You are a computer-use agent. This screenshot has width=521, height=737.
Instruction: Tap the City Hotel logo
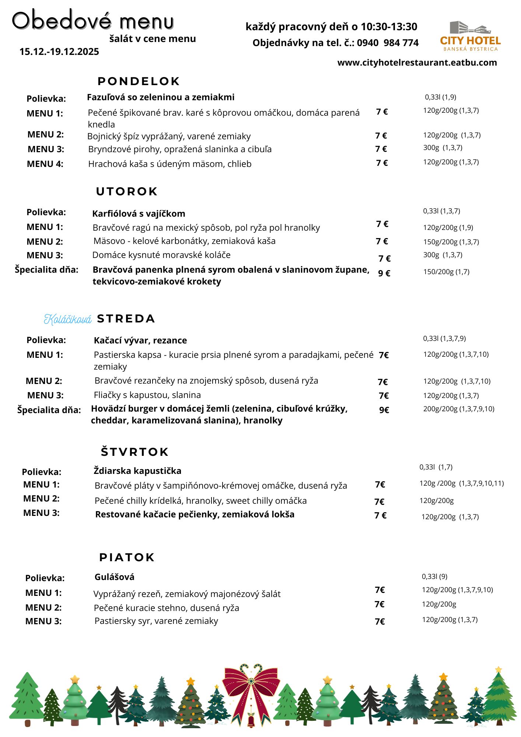coord(470,36)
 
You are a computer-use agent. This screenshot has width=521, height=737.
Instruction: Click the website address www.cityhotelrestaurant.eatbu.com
coord(417,63)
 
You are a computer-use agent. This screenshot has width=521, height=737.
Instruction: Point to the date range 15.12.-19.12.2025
coord(59,52)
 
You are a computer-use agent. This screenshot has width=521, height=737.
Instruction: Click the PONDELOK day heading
coord(139,81)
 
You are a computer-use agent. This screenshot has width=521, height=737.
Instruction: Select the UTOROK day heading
coord(127,192)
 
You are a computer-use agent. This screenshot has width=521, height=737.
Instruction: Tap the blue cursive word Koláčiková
coord(68,319)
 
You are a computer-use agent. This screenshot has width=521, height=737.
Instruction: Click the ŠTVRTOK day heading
coord(134,452)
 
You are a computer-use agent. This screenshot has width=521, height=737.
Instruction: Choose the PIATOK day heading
coord(127,557)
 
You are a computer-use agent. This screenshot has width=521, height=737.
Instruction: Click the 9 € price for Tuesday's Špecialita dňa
coord(384,273)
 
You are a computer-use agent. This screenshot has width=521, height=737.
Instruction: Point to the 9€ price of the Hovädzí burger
coord(384,410)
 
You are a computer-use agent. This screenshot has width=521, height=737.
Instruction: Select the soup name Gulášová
coord(114,577)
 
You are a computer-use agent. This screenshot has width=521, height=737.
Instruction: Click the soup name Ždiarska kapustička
coord(137,471)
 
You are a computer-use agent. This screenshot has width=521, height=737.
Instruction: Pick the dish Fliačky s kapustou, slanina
coord(147,395)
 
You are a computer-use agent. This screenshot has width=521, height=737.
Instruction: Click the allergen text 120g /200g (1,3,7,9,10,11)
coord(461,483)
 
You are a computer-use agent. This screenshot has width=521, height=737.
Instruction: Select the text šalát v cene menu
coord(153,39)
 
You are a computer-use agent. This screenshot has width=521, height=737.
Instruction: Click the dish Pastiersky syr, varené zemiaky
coord(156,621)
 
